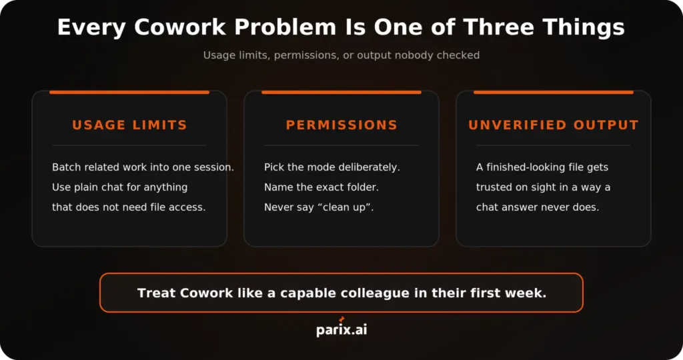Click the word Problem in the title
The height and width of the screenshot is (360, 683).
pyautogui.click(x=285, y=27)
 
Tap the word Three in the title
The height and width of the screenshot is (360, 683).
pyautogui.click(x=499, y=27)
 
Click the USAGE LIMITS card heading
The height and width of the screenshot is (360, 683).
pyautogui.click(x=129, y=125)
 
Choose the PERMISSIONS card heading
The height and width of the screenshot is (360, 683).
pyautogui.click(x=341, y=125)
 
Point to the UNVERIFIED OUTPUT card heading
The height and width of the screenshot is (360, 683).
pyautogui.click(x=553, y=125)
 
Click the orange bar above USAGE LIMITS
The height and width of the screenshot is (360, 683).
pyautogui.click(x=129, y=92)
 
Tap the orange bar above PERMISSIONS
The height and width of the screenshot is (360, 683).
pyautogui.click(x=341, y=92)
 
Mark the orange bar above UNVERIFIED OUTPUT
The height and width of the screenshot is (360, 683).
pyautogui.click(x=553, y=92)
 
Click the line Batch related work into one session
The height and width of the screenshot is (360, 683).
pyautogui.click(x=143, y=167)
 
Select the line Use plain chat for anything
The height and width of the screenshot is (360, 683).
pyautogui.click(x=120, y=187)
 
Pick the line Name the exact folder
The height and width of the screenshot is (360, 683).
pyautogui.click(x=321, y=187)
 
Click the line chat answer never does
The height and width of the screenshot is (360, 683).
pyautogui.click(x=538, y=207)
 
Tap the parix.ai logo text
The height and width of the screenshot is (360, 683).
pyautogui.click(x=341, y=329)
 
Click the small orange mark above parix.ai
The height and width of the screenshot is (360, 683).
pyautogui.click(x=341, y=319)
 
